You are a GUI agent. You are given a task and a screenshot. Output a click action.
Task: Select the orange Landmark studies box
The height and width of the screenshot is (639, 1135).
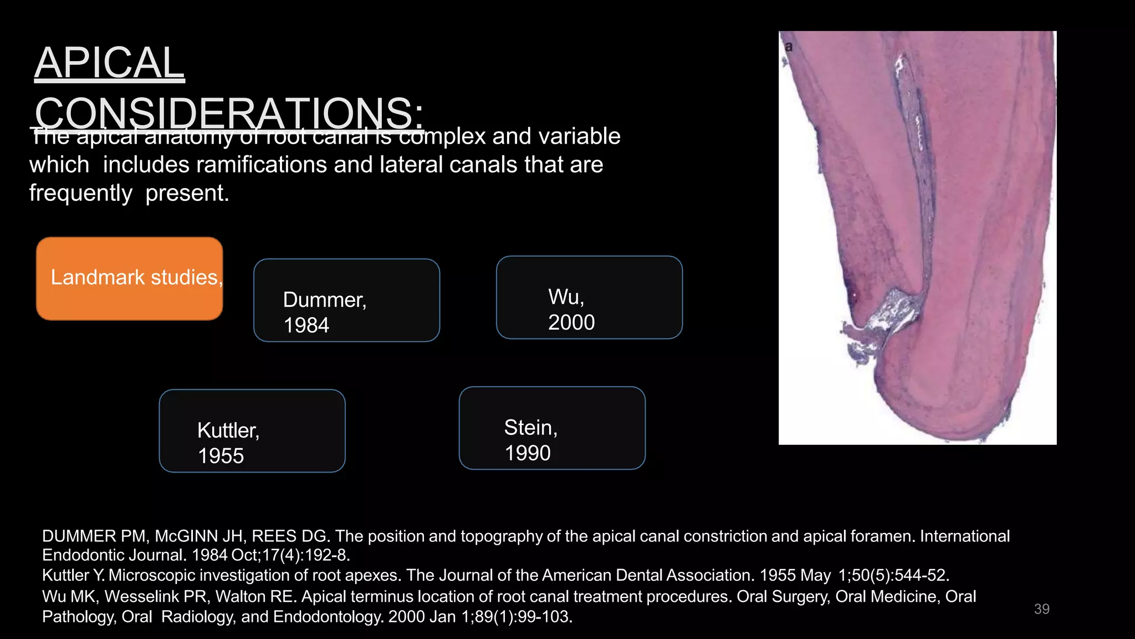pyautogui.click(x=130, y=278)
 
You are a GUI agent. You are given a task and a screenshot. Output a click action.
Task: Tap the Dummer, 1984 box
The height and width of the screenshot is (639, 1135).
pyautogui.click(x=346, y=300)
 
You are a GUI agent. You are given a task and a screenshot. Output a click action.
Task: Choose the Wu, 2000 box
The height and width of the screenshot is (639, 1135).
pyautogui.click(x=589, y=297)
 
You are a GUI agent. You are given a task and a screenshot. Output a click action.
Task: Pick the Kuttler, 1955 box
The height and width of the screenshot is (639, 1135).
pyautogui.click(x=252, y=431)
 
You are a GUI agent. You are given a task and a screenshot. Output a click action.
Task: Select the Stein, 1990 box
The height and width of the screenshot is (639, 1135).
pyautogui.click(x=552, y=428)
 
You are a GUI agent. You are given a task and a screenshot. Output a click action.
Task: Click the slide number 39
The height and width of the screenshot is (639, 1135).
pyautogui.click(x=1041, y=609)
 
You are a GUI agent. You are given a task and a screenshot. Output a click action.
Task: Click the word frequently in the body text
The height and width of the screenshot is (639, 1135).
pyautogui.click(x=81, y=193)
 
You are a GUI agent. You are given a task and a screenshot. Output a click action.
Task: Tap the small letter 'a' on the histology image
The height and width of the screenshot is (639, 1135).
pyautogui.click(x=789, y=47)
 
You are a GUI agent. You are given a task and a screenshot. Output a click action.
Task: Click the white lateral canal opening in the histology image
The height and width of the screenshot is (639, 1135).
pyautogui.click(x=887, y=313)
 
